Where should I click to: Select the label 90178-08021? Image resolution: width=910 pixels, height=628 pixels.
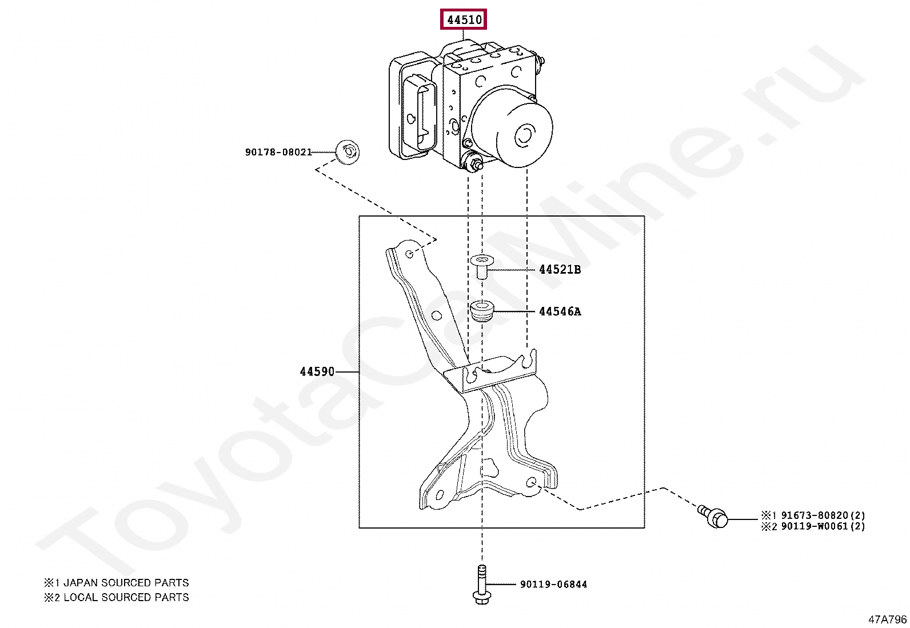[x=278, y=152]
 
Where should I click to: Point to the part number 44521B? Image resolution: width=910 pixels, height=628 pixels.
[x=560, y=270]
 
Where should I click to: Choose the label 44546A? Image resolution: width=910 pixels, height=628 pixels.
[x=560, y=311]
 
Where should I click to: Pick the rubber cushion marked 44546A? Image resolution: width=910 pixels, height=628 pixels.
[x=481, y=311]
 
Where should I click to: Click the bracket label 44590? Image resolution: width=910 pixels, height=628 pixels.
[x=317, y=371]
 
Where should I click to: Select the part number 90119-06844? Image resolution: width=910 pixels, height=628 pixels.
[x=553, y=584]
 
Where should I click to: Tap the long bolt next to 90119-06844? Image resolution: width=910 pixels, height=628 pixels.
[x=480, y=582]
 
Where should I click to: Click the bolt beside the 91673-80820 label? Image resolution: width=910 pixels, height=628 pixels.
[x=714, y=517]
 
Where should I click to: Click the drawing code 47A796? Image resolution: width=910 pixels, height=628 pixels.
[x=887, y=619]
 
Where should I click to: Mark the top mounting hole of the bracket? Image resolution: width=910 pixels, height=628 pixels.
[x=409, y=254]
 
